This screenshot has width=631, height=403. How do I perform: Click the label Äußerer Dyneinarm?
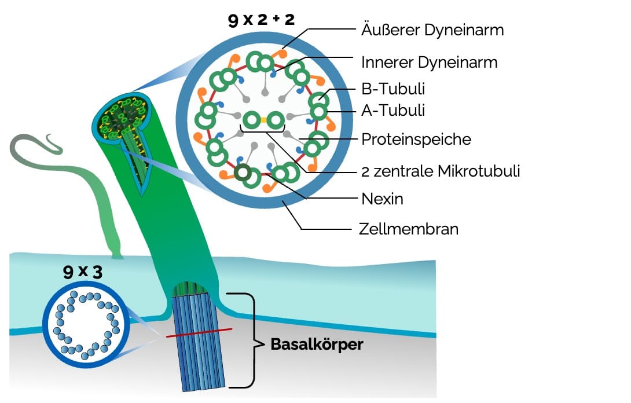(432, 30)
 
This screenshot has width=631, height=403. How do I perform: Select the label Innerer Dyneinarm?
(429, 61)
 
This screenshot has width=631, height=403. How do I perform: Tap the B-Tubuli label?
(393, 89)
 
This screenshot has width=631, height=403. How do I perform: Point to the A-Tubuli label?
(393, 109)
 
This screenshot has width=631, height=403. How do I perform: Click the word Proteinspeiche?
(416, 140)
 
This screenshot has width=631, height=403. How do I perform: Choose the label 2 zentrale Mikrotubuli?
(441, 171)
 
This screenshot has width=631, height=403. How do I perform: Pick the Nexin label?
(382, 199)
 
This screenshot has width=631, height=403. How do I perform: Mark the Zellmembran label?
(409, 229)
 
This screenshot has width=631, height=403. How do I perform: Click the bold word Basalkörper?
(317, 345)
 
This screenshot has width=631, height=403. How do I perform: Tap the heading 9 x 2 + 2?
(262, 20)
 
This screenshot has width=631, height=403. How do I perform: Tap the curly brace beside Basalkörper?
(253, 340)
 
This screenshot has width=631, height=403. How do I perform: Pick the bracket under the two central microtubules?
(263, 132)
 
